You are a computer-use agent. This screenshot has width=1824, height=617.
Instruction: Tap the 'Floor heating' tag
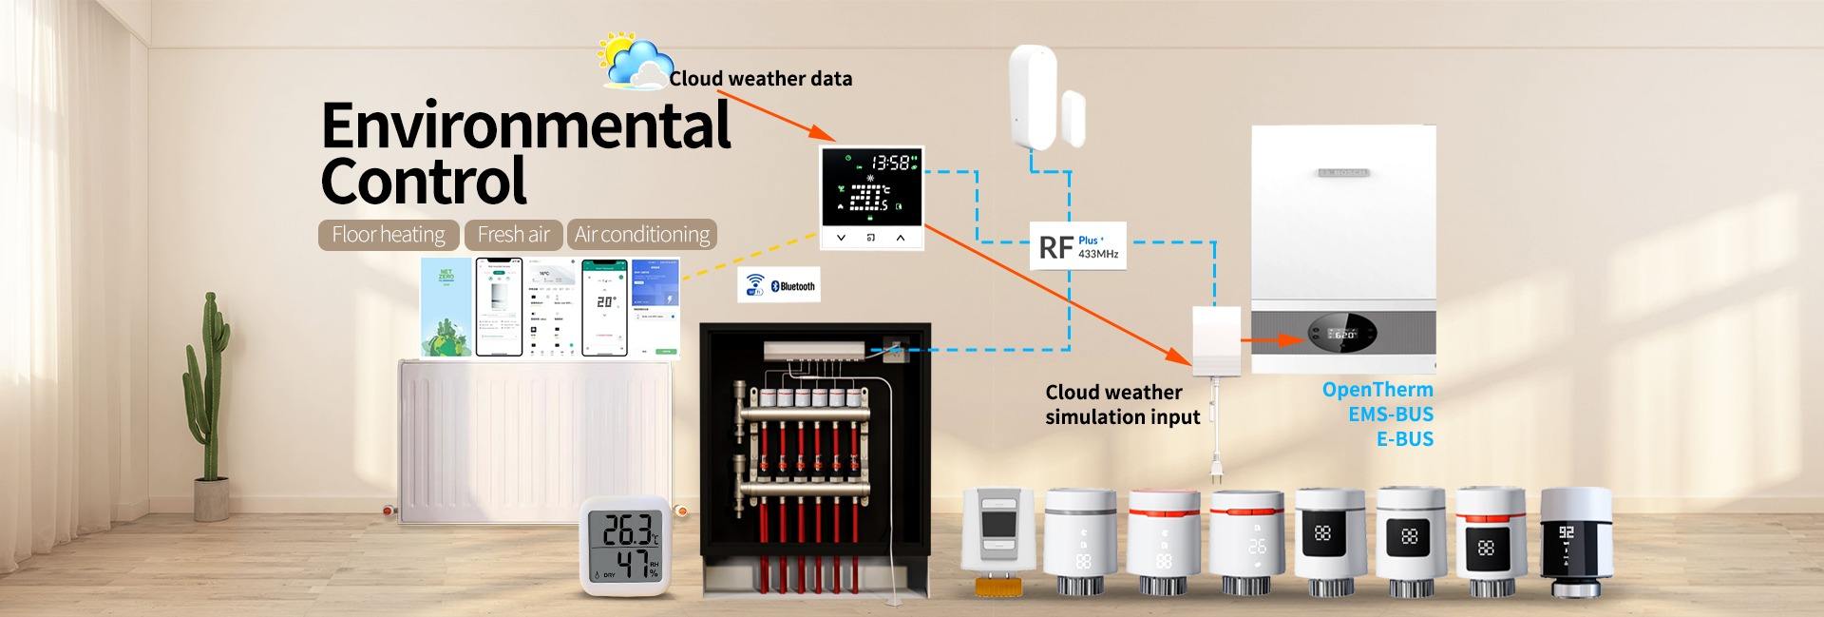(389, 235)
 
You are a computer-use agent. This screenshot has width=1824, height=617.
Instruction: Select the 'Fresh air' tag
(513, 235)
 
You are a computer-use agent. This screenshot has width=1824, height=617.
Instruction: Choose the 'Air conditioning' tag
(641, 235)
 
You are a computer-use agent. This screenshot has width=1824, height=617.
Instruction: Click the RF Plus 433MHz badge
(1078, 247)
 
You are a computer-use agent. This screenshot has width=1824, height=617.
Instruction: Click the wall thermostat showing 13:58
(872, 198)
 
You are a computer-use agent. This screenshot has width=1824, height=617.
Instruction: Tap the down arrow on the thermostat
(841, 238)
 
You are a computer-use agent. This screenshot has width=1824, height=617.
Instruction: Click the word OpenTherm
(1377, 390)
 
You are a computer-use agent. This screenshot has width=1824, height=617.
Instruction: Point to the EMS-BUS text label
(1390, 415)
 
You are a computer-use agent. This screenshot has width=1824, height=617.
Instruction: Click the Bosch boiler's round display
(1342, 335)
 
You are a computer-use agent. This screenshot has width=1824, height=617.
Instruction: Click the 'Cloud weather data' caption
(760, 79)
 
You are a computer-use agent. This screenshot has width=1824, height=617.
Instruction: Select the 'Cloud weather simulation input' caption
(1121, 405)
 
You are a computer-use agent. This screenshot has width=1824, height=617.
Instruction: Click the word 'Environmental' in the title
(526, 125)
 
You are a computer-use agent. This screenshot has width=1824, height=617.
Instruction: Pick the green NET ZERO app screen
(446, 306)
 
